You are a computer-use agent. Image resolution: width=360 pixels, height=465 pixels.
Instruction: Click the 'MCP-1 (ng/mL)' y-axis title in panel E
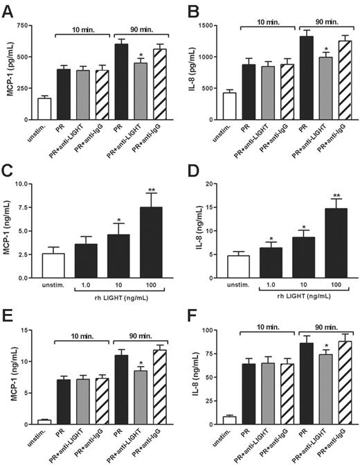coord(9,380)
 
